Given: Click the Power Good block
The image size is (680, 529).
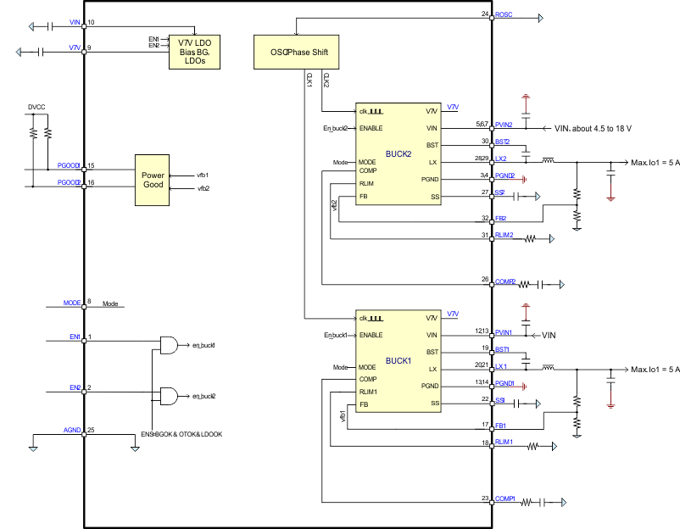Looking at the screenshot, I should (153, 180).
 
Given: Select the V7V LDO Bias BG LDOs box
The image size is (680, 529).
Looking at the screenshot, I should (200, 47).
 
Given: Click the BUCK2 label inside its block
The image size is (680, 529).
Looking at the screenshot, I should (398, 153).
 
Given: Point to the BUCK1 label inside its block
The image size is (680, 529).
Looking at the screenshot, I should (398, 360).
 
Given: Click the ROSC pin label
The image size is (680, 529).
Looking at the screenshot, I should (504, 15).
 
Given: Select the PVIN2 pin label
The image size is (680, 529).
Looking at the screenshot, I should (504, 125).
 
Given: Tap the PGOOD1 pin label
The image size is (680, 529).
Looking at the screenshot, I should (69, 166).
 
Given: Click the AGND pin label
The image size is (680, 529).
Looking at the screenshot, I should (72, 431).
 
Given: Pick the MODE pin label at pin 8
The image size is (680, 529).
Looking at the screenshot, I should (72, 302).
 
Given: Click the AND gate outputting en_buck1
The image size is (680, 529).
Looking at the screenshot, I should (169, 346).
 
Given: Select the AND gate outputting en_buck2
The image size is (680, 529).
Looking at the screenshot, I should (169, 397).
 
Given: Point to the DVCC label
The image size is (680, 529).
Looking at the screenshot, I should (36, 108).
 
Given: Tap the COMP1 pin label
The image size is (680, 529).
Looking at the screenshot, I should (506, 498).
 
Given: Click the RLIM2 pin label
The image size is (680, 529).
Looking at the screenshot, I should (504, 235).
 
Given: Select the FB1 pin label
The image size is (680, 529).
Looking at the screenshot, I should (500, 425).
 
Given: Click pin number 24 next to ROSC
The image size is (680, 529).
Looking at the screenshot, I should (485, 14).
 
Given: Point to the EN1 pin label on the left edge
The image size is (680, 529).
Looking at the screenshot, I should (75, 337).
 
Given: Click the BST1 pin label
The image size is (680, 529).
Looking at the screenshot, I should (503, 348).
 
